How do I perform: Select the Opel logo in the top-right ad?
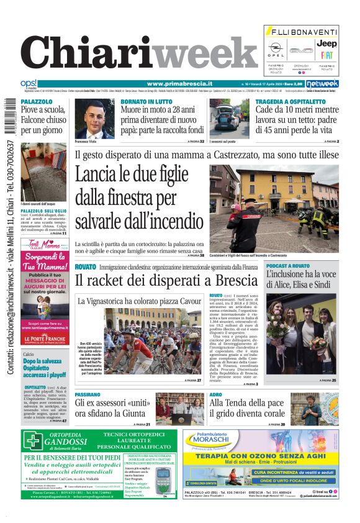tap(276, 48)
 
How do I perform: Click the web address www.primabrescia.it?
tap(179, 84)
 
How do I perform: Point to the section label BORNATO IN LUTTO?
tap(146, 101)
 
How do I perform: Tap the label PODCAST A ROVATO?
tap(288, 266)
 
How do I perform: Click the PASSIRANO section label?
tap(88, 394)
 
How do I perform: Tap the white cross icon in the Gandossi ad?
tap(34, 441)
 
